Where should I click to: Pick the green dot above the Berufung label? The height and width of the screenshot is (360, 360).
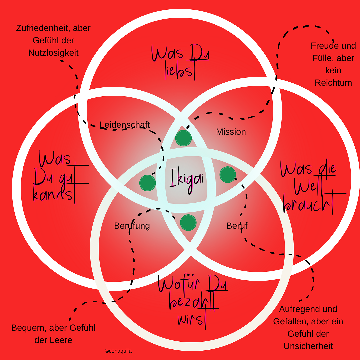pyautogui.click(x=147, y=183)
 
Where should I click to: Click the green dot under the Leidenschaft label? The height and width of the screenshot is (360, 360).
pyautogui.click(x=183, y=138)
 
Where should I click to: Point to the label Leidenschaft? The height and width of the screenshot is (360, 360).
pyautogui.click(x=125, y=125)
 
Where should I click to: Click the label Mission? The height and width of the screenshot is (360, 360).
pyautogui.click(x=231, y=132)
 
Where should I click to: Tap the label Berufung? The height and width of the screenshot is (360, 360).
pyautogui.click(x=132, y=226)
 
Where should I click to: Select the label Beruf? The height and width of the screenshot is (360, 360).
pyautogui.click(x=237, y=226)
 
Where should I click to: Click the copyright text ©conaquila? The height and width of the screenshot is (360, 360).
pyautogui.click(x=118, y=351)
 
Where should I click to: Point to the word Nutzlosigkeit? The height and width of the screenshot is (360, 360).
pyautogui.click(x=53, y=53)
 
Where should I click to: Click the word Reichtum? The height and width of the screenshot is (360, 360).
pyautogui.click(x=333, y=83)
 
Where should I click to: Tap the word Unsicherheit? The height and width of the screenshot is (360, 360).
pyautogui.click(x=308, y=346)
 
